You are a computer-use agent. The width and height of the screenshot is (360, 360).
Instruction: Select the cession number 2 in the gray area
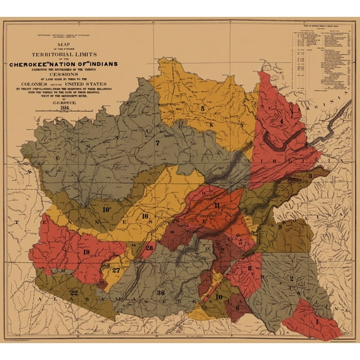[292, 279]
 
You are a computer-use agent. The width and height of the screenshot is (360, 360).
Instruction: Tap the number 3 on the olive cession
[310, 177]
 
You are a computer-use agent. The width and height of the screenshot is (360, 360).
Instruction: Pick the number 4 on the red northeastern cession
[282, 121]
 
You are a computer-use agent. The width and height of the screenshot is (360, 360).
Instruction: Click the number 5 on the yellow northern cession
[202, 109]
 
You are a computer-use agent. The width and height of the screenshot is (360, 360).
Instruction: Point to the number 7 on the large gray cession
[157, 143]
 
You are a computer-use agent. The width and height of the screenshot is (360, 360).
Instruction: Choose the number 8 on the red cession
[250, 269]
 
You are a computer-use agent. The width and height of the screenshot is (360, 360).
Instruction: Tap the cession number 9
[279, 226]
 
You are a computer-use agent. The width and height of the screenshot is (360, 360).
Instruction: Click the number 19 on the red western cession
[86, 252]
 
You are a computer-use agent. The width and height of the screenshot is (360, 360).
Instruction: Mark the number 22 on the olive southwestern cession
[74, 292]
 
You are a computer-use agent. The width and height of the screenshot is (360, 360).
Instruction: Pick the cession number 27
[116, 270]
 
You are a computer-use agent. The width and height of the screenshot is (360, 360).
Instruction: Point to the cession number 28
[149, 248]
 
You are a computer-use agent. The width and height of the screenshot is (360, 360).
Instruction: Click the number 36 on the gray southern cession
[161, 292]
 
